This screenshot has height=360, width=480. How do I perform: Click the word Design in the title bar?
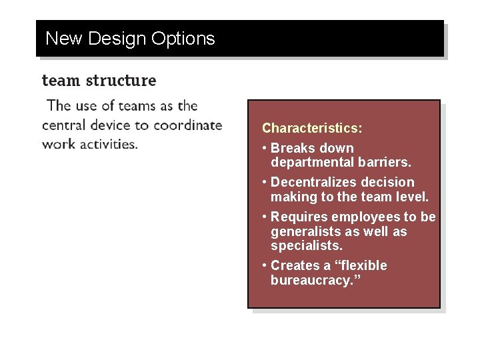[117, 39]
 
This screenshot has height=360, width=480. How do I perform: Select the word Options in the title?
[183, 39]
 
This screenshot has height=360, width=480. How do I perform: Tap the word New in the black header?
[63, 39]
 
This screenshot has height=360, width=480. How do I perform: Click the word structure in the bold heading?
[121, 81]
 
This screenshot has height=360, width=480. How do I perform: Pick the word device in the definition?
[119, 125]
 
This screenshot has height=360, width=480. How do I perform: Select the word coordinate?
[189, 125]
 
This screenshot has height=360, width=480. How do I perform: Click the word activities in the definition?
[106, 144]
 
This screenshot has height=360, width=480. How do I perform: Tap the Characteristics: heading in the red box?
[312, 127]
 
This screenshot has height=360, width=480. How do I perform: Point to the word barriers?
[387, 162]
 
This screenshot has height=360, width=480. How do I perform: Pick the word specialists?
[307, 246]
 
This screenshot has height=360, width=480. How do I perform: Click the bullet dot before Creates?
[265, 266]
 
